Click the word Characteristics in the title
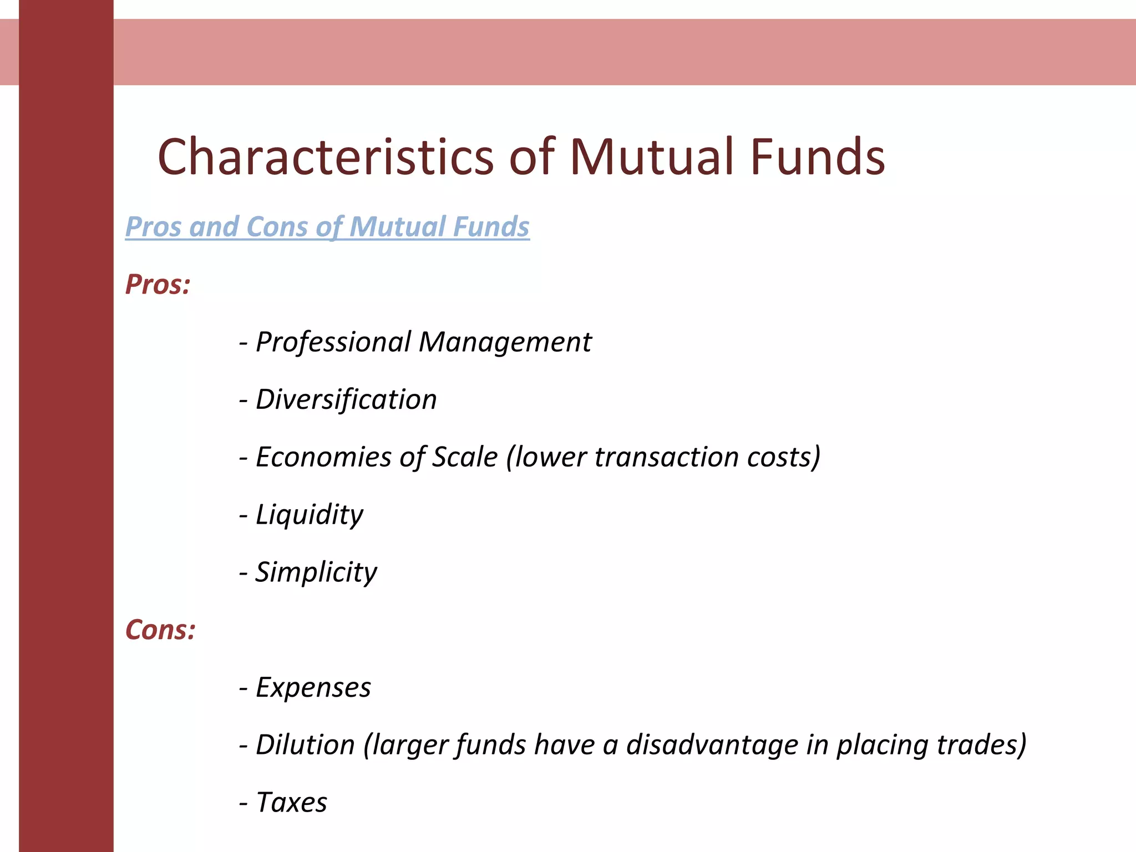pyautogui.click(x=326, y=157)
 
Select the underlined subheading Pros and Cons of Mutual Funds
pyautogui.click(x=327, y=227)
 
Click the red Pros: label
pyautogui.click(x=158, y=285)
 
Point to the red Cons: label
pyautogui.click(x=160, y=630)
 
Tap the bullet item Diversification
pyautogui.click(x=346, y=400)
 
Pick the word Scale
pyautogui.click(x=465, y=458)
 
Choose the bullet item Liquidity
pyautogui.click(x=309, y=515)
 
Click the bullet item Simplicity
pyautogui.click(x=316, y=572)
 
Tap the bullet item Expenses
pyautogui.click(x=313, y=688)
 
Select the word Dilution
pyautogui.click(x=305, y=745)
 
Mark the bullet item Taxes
pyautogui.click(x=291, y=803)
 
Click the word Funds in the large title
pyautogui.click(x=818, y=157)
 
